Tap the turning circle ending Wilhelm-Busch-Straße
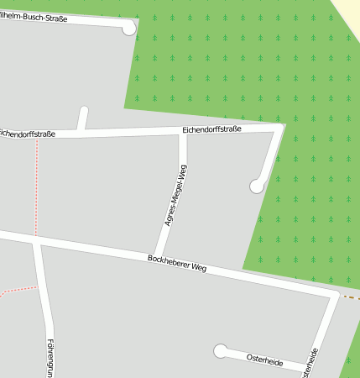tap(128, 29)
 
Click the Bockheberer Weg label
tap(176, 263)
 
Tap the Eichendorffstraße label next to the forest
tap(211, 129)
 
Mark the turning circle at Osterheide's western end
tap(221, 350)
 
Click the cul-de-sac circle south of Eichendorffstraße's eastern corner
tap(257, 186)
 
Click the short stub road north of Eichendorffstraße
tap(82, 118)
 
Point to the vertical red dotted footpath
tap(36, 185)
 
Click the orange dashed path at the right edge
tap(351, 297)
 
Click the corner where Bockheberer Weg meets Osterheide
tap(335, 296)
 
